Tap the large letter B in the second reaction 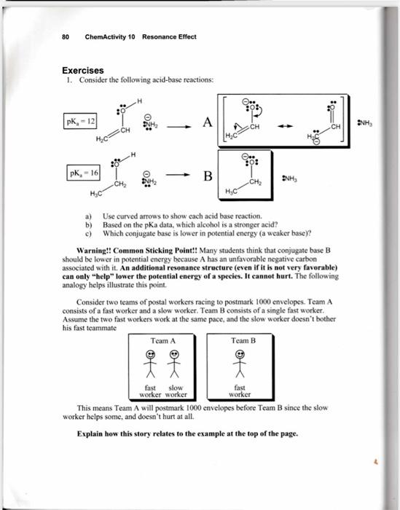[208, 176]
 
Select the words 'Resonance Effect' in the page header [169, 37]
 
